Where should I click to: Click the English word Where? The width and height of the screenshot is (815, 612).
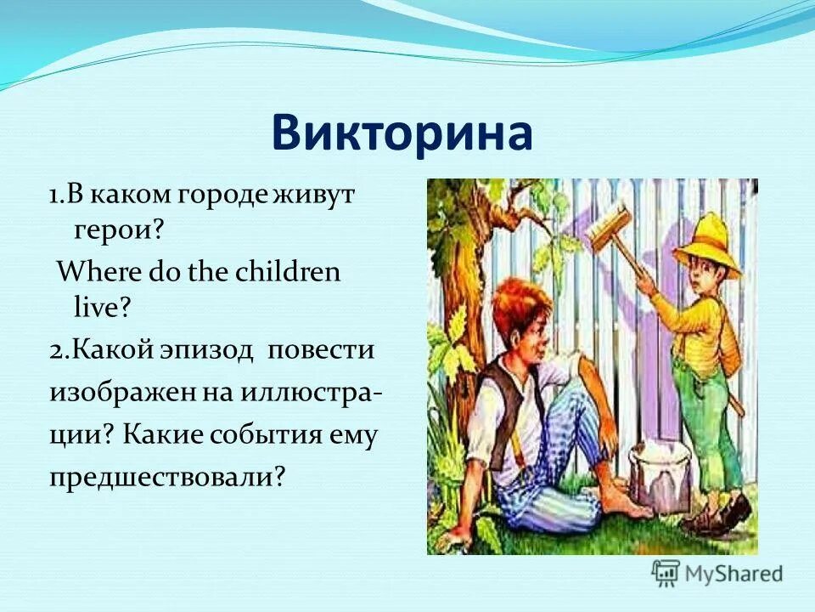pos(90,272)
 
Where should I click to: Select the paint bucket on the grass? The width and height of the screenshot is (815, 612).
pos(660,479)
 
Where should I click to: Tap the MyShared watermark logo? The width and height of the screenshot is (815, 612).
pos(717,572)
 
